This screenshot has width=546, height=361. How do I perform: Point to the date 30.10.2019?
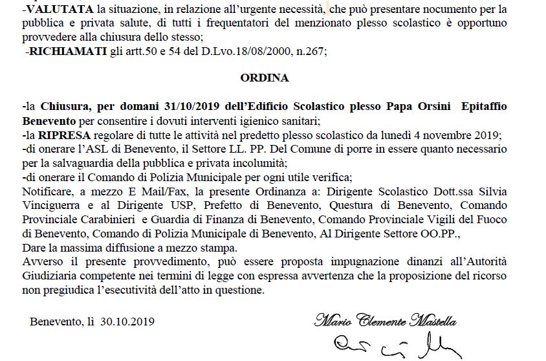(x=127, y=321)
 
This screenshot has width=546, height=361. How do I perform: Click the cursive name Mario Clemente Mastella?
(x=386, y=320)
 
